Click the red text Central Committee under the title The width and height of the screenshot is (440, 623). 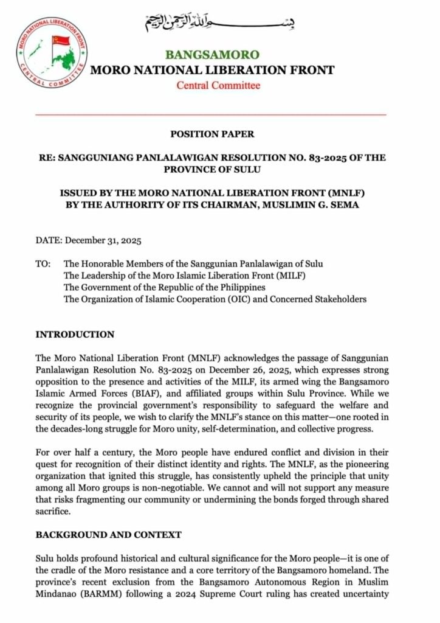click(218, 85)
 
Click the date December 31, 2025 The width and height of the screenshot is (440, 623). click(103, 240)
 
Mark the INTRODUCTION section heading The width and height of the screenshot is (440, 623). click(74, 335)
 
